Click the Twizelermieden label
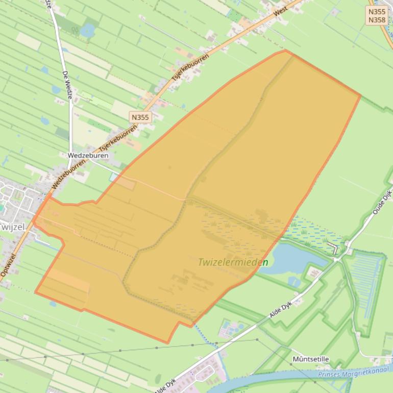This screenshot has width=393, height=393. click(x=233, y=262)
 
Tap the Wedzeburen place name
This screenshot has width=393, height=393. click(x=88, y=155)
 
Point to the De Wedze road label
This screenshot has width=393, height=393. click(x=66, y=81)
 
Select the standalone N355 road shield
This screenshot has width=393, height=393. click(x=140, y=117)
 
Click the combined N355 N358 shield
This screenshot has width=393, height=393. click(x=377, y=15)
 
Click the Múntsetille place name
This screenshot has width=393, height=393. click(x=310, y=359)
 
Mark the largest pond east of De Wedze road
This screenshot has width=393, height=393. click(x=87, y=30)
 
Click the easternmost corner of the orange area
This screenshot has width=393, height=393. click(x=361, y=95)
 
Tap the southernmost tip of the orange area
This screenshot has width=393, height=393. click(x=168, y=343)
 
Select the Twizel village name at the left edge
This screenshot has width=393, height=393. click(x=11, y=226)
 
